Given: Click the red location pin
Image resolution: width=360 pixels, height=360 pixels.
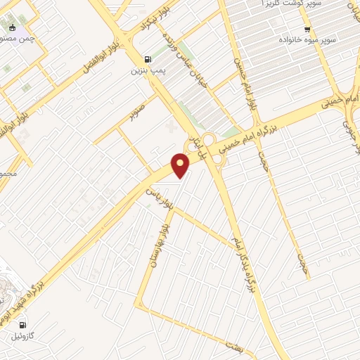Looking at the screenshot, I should pyautogui.click(x=181, y=165).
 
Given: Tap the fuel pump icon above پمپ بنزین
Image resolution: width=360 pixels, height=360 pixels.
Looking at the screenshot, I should pyautogui.click(x=147, y=60).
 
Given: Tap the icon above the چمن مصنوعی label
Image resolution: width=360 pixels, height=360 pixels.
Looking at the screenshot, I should pyautogui.click(x=11, y=27).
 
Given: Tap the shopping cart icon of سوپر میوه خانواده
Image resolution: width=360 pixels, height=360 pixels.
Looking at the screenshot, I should pyautogui.click(x=307, y=30).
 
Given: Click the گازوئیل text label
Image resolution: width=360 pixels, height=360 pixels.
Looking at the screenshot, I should pyautogui.click(x=25, y=336).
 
